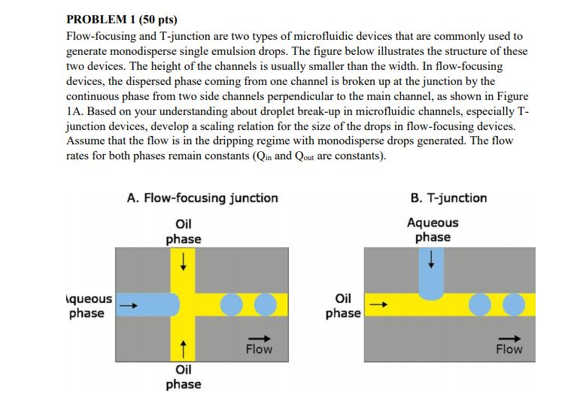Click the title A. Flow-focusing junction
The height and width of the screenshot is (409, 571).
pos(202,198)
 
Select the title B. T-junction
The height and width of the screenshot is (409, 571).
pos(448,198)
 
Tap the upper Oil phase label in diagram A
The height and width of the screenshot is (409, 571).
pos(184,231)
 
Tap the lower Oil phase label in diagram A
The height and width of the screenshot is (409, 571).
pos(184,377)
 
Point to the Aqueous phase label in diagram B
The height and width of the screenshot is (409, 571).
pos(433,229)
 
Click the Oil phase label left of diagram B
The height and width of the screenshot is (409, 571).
pos(343,304)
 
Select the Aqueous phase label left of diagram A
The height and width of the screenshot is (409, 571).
pos(90,305)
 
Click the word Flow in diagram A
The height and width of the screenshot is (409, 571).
pos(259,349)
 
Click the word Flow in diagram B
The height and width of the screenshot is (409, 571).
pos(509,349)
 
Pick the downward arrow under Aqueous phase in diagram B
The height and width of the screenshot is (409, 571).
pos(432,259)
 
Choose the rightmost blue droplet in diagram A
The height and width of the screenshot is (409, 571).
pos(266,304)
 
